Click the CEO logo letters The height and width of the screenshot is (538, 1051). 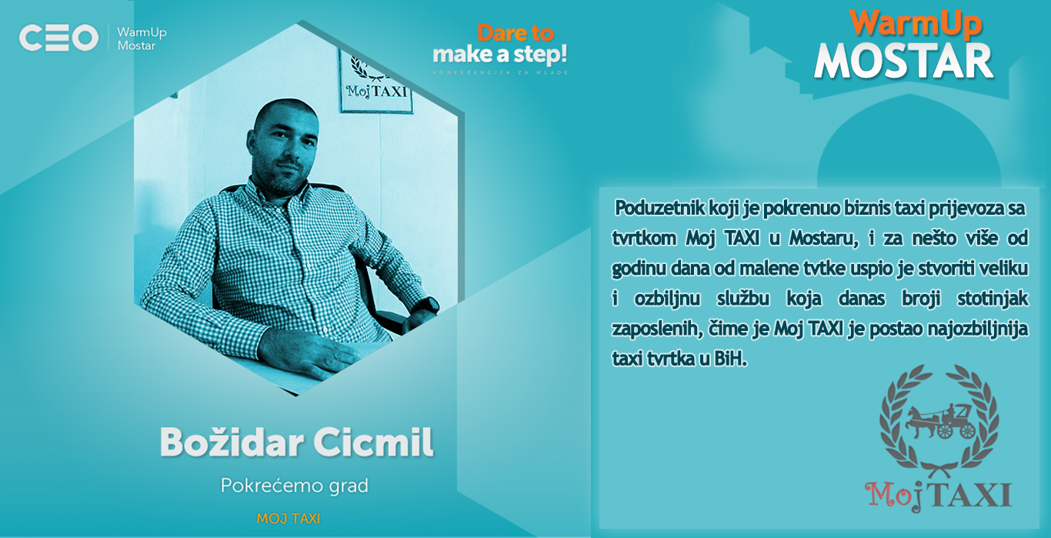click(x=58, y=38)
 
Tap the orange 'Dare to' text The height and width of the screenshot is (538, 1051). click(x=515, y=33)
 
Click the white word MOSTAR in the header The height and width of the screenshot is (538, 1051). click(x=904, y=62)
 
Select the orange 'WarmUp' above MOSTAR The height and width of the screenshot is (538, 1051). click(x=915, y=23)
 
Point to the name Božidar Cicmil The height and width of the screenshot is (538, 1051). click(x=296, y=443)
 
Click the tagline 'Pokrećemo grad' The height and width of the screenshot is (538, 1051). click(x=295, y=486)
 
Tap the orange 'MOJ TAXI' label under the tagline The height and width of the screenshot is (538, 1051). click(x=288, y=519)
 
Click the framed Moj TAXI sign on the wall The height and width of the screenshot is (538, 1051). click(x=375, y=81)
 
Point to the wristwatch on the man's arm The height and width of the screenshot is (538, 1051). click(x=428, y=306)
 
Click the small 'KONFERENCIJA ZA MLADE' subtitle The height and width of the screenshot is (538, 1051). click(x=500, y=73)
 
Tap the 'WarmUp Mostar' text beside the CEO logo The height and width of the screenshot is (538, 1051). click(x=142, y=38)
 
